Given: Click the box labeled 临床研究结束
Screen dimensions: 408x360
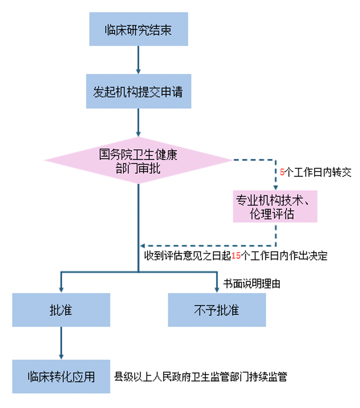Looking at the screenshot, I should point(138,29).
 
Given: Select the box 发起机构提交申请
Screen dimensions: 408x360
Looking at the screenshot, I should point(138,91).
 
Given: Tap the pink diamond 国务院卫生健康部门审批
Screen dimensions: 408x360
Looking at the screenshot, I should point(138,161).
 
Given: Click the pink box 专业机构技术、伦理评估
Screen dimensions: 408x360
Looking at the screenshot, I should point(275,206).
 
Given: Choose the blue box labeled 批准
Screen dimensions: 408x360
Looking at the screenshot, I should point(61,310).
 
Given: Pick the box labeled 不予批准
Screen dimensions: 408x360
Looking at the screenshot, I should point(217,310).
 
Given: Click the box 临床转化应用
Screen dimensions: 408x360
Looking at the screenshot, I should point(61,376).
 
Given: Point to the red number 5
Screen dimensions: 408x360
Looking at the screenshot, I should point(282,172).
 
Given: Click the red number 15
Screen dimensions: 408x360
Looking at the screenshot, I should point(236,256).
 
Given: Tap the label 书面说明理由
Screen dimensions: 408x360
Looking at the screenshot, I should point(252,284).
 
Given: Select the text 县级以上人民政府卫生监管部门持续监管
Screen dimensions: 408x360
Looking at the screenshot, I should point(200,377).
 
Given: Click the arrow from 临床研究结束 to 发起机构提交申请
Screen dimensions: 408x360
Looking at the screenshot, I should point(138,60).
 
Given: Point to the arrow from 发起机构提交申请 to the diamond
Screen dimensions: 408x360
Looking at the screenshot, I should point(138,122).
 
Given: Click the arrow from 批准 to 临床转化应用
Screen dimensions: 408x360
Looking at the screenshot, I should point(61,343).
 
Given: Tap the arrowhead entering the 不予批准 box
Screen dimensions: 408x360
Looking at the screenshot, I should point(217,290).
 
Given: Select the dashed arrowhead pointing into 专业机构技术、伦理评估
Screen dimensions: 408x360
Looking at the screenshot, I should point(275,188).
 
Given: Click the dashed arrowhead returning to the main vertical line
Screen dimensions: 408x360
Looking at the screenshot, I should point(143,246).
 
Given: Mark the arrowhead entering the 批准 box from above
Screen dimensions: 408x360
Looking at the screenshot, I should point(61,290).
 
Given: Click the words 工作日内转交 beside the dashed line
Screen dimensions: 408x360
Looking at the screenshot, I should point(322,172).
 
